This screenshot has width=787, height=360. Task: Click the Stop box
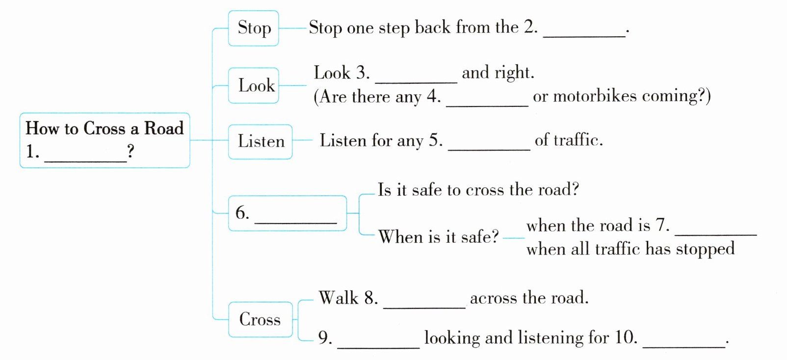tap(253, 28)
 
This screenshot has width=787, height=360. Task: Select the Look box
tap(253, 85)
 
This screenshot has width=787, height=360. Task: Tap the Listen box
tap(260, 142)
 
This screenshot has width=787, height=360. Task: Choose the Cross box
tap(260, 319)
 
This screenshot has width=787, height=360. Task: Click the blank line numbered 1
tap(85, 161)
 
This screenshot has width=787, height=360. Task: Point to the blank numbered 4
tap(487, 105)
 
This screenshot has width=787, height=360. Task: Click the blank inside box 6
tap(296, 223)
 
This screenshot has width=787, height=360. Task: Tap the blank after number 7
tap(716, 234)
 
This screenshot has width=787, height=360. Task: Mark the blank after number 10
tap(684, 347)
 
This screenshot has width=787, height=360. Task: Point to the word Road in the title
tap(164, 128)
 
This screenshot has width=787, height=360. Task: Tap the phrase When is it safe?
tap(439, 236)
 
